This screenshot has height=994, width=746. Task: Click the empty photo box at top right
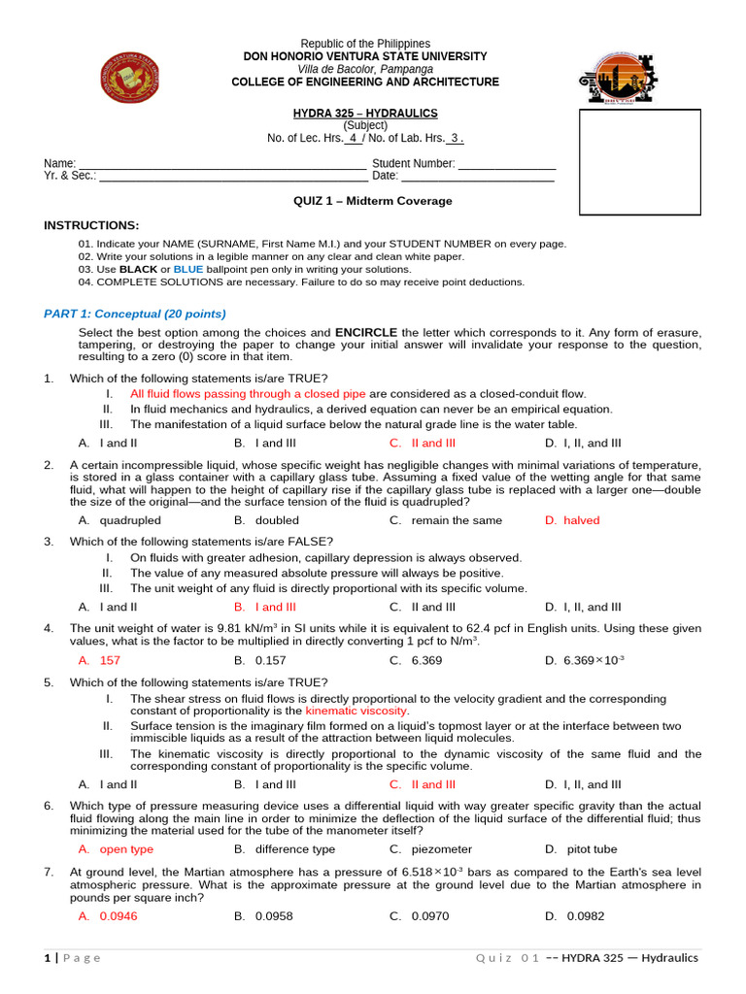click(639, 162)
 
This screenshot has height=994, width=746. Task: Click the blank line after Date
click(478, 176)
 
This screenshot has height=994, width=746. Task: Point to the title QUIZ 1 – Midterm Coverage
click(372, 201)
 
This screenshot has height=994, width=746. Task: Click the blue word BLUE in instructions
click(188, 269)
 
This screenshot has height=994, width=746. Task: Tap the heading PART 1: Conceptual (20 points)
click(135, 314)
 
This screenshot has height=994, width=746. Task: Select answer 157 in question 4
click(110, 660)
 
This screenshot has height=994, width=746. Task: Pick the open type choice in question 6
click(126, 849)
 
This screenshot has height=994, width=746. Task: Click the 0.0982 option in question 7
click(585, 915)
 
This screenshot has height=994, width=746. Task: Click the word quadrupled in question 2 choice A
click(130, 520)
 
